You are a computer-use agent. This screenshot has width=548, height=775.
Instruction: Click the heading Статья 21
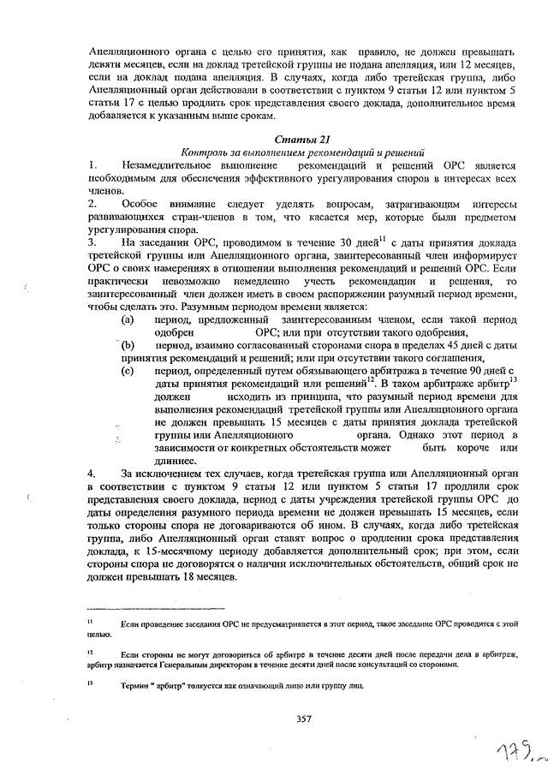tap(301, 139)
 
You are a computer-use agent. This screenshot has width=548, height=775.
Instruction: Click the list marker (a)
tap(128, 319)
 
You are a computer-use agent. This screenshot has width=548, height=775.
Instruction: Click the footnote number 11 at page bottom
tap(89, 618)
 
